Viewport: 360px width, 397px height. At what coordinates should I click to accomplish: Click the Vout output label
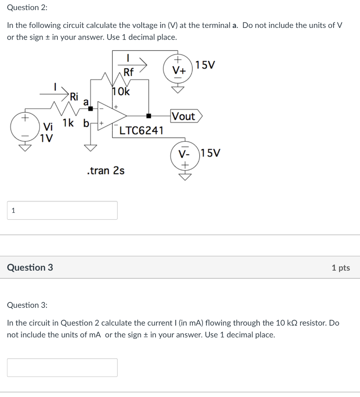point(184,116)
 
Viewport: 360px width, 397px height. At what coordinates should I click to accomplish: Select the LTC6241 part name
point(141,131)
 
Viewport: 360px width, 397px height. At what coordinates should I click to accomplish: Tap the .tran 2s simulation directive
point(106,171)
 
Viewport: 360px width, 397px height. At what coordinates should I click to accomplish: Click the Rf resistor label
point(128,72)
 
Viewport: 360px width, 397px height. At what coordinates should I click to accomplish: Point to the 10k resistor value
point(121,92)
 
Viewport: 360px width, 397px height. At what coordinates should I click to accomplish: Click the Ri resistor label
point(73,96)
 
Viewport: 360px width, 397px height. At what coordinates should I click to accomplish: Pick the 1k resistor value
point(69,124)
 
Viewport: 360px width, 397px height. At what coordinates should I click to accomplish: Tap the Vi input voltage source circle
point(26,128)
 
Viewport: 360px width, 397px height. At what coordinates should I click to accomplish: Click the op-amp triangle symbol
point(112,115)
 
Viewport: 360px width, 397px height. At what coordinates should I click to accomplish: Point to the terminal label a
point(87,102)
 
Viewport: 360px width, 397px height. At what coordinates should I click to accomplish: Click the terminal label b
point(86,124)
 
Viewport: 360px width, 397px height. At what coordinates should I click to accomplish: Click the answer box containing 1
point(62,211)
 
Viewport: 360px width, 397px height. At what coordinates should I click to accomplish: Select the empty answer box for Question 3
point(62,368)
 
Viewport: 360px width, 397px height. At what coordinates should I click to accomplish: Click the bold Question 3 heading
point(30,268)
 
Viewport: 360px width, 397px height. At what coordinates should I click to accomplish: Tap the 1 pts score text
point(341,268)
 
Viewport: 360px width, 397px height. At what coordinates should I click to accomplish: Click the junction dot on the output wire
point(148,116)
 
